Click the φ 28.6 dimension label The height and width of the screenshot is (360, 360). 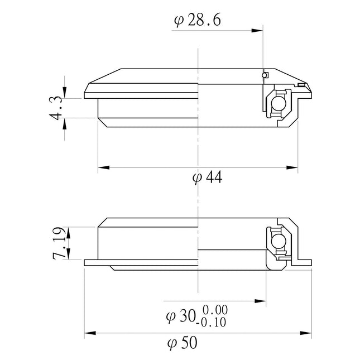tap(198, 21)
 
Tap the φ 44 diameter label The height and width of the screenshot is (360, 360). tap(207, 177)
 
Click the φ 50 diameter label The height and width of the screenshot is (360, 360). tap(181, 343)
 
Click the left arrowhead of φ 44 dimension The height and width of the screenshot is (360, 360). tap(102, 167)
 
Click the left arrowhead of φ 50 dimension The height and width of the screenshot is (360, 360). tap(88, 334)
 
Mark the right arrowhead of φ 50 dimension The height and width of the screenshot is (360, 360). tap(309, 334)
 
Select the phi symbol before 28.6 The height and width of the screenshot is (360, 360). tap(178, 21)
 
